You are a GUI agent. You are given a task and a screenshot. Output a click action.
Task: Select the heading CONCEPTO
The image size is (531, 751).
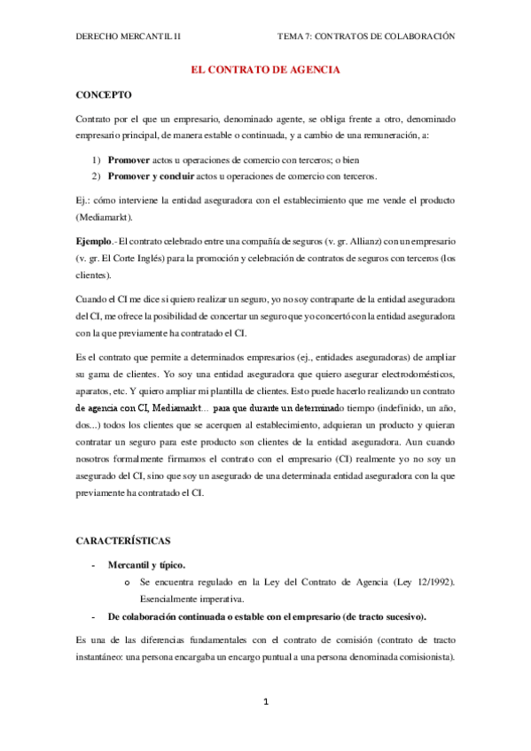[x=104, y=94]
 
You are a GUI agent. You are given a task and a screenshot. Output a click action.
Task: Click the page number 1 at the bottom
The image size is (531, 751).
[x=265, y=702]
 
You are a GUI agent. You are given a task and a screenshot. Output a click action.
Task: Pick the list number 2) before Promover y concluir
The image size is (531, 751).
[x=96, y=177]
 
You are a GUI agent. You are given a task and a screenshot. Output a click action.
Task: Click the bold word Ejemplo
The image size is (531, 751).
[x=94, y=241]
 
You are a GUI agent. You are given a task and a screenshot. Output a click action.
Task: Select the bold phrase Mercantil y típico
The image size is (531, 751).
[x=147, y=565]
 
